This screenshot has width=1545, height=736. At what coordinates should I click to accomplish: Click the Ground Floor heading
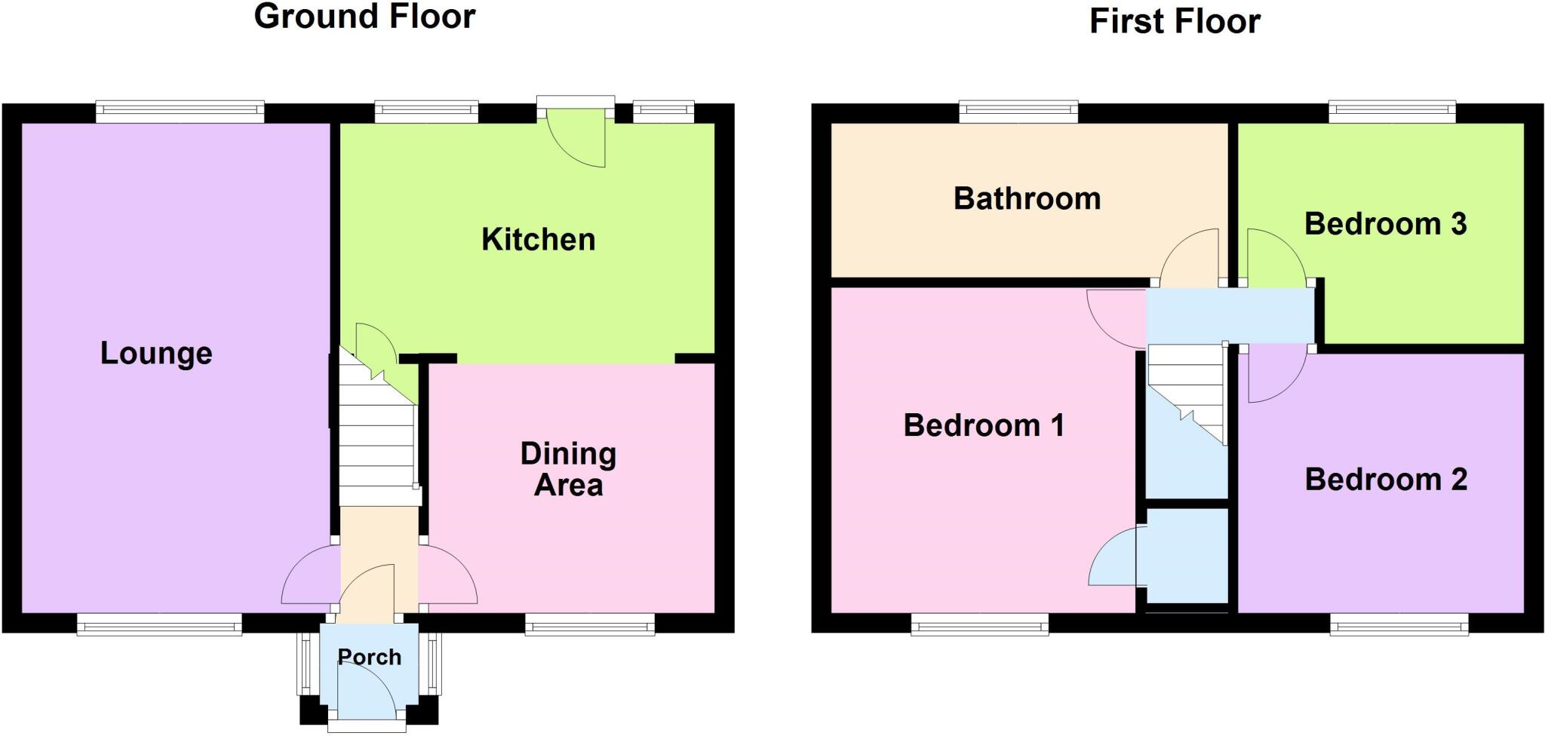coord(364,17)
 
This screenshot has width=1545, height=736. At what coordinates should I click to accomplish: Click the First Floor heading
coord(1175,21)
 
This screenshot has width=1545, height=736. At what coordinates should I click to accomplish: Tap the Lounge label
coord(156,353)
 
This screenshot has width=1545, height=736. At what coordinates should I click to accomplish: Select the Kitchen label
coord(539,240)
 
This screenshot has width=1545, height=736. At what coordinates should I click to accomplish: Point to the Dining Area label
coord(568,469)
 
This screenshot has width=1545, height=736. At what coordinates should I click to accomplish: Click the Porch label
coord(369,657)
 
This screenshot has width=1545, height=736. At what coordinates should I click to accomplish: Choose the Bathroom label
coord(1027,198)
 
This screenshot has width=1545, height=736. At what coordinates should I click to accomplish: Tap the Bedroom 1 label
coord(984,425)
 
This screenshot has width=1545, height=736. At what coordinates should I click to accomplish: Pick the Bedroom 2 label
coord(1386,480)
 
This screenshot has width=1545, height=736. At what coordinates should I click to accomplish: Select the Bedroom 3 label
coord(1385,224)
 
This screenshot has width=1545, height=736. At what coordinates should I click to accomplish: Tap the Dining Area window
coord(590,624)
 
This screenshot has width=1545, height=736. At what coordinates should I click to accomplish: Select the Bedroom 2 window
coord(1399,624)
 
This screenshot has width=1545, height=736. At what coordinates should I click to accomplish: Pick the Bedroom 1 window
coord(979,624)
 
